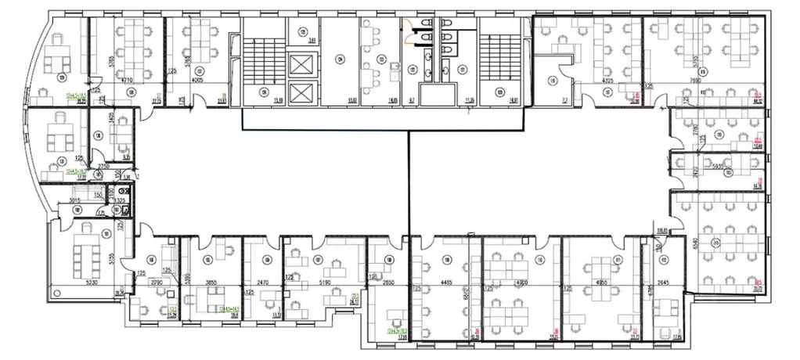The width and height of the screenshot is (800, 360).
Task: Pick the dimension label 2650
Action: point(389,282)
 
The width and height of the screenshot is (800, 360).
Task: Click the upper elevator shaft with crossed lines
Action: point(300,64)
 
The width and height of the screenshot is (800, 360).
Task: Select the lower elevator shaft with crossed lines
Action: point(300,93)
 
